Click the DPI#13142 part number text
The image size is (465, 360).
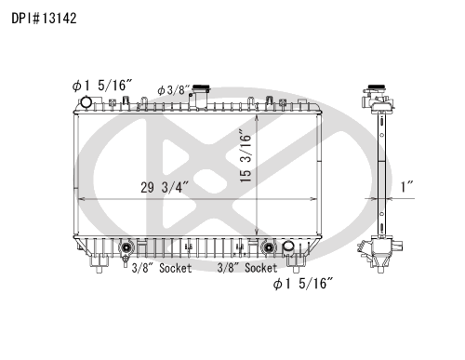pyautogui.click(x=44, y=19)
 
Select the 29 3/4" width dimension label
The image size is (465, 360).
pyautogui.click(x=165, y=187)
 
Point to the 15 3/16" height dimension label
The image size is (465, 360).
pyautogui.click(x=246, y=158)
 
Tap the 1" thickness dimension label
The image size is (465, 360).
pyautogui.click(x=406, y=187)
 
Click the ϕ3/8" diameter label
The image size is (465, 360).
pyautogui.click(x=174, y=90)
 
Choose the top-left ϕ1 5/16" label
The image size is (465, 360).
pyautogui.click(x=102, y=86)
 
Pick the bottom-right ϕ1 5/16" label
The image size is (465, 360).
pyautogui.click(x=303, y=284)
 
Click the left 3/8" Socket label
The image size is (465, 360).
pyautogui.click(x=162, y=268)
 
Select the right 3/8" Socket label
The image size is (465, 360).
pyautogui.click(x=247, y=268)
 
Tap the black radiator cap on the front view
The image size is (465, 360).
pyautogui.click(x=201, y=87)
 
